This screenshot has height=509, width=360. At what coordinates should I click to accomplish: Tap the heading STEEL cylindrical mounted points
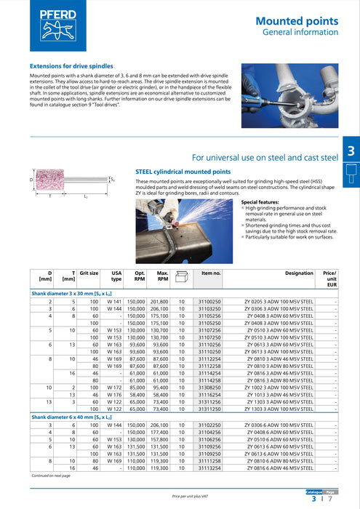(183, 172)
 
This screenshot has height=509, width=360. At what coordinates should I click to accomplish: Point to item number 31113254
(210, 468)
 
